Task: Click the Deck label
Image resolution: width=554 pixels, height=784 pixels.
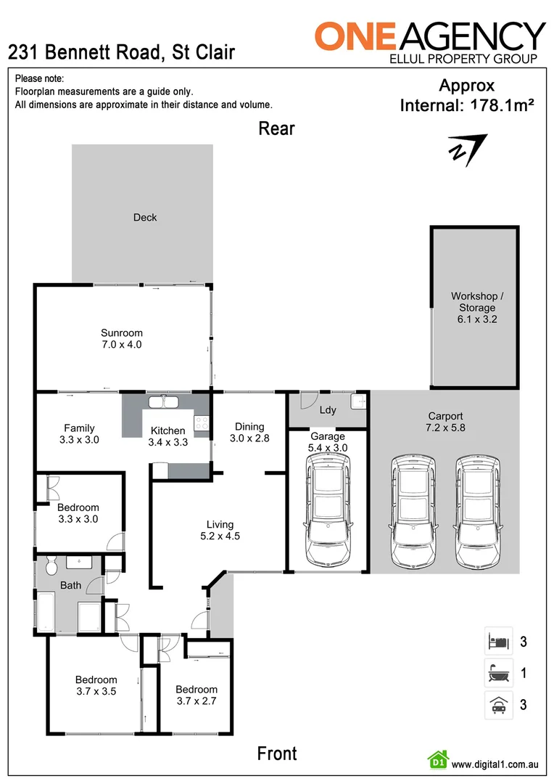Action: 145,217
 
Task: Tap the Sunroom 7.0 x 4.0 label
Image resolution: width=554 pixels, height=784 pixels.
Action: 121,339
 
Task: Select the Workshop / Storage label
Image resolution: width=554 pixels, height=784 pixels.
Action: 476,307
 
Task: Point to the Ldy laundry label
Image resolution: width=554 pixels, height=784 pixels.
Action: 328,410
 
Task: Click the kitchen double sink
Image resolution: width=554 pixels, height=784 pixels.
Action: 165,401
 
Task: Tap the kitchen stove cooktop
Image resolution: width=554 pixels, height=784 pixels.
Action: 201,421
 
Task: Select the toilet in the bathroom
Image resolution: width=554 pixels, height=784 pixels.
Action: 50,565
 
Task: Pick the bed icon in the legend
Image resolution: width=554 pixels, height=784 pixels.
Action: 498,642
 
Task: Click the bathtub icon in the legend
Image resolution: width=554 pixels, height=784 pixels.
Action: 498,673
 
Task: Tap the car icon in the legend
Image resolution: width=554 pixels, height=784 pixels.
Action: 498,704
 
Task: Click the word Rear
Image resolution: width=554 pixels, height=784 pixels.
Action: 277,128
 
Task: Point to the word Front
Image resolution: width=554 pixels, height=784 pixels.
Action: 277,754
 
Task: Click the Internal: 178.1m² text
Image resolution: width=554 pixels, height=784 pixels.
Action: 467,105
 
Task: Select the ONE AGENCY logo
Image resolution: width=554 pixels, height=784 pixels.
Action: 430,41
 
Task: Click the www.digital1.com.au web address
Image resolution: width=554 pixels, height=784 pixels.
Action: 494,764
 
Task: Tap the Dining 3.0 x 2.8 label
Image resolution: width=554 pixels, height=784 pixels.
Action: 249,432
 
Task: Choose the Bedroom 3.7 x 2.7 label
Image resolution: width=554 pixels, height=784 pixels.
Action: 196,695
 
